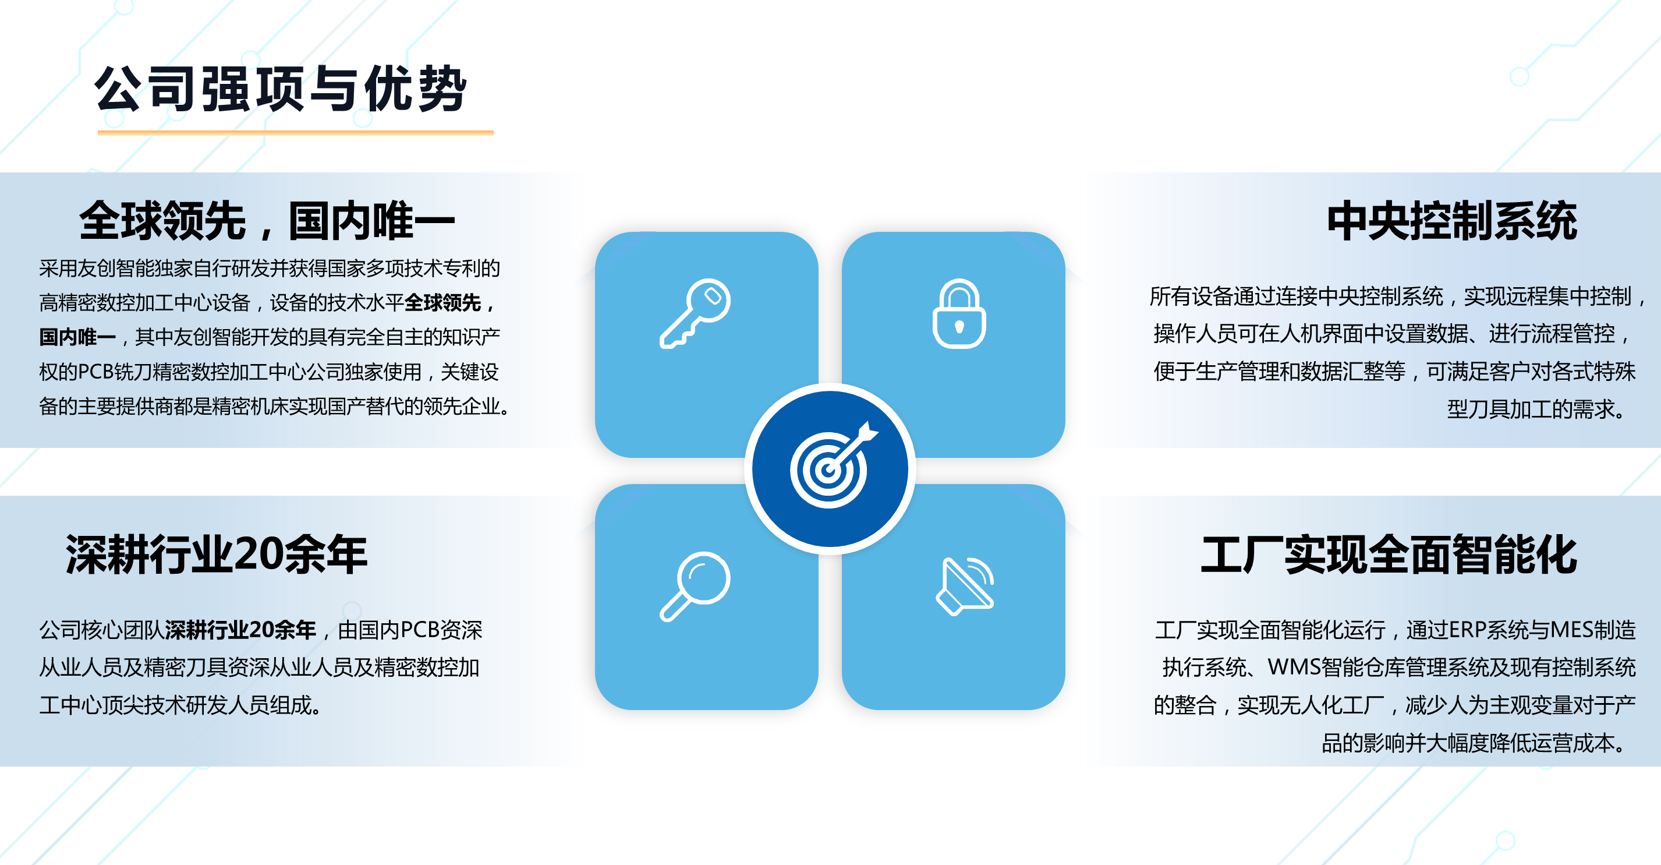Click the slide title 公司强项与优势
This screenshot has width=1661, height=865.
tap(281, 89)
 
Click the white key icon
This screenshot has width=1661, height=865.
tap(695, 313)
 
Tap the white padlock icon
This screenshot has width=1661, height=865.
tap(959, 313)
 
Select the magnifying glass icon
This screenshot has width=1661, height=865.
tap(695, 587)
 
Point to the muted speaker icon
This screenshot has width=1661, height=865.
tap(965, 586)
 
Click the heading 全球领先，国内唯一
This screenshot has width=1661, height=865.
tap(267, 221)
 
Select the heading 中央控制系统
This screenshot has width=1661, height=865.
tap(1452, 221)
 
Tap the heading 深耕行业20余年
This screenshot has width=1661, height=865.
tap(217, 554)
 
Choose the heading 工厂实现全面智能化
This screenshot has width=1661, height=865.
tap(1389, 554)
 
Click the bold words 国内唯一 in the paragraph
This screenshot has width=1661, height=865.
tap(77, 337)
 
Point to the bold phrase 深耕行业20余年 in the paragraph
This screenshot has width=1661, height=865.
tap(240, 630)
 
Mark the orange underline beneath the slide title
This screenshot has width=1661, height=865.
tap(295, 132)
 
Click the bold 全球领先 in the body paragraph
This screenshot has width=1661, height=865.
tap(442, 302)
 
